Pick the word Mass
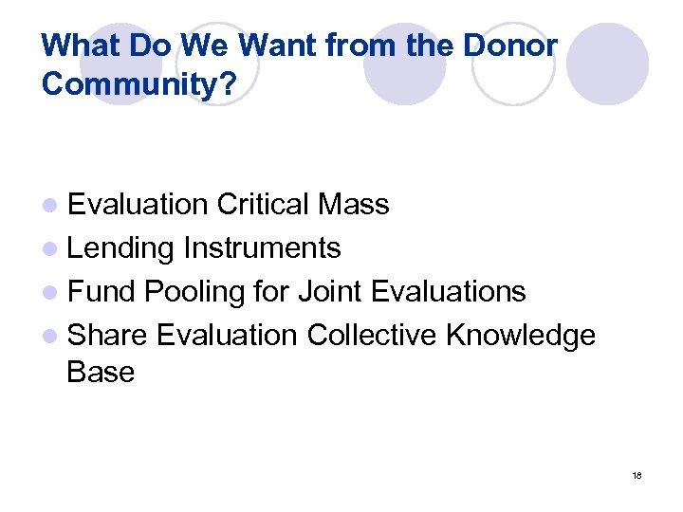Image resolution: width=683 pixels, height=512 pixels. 354,204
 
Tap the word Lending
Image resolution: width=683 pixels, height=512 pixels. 120,248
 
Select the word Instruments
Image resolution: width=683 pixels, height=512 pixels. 262,248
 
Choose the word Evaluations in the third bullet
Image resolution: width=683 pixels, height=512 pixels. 448,291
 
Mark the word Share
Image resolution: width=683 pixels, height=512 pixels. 108,335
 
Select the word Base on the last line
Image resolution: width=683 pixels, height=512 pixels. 101,372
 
